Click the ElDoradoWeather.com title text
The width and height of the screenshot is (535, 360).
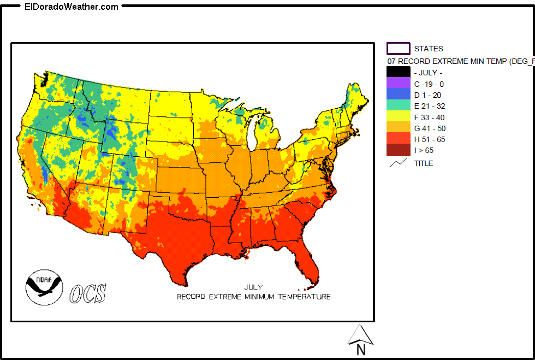(x=72, y=7)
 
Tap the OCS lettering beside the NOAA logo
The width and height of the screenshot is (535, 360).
(x=87, y=293)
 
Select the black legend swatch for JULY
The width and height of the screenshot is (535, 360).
(x=398, y=72)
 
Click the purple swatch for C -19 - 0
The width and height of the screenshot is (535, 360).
(x=398, y=84)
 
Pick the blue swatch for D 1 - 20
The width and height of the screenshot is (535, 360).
(x=398, y=95)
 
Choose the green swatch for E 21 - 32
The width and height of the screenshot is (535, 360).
(x=398, y=106)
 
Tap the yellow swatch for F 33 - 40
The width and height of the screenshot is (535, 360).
(x=398, y=117)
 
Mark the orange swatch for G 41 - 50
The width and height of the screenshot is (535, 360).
(x=398, y=128)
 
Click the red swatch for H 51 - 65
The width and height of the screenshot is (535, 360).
(x=398, y=139)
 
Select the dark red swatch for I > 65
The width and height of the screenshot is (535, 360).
(x=398, y=150)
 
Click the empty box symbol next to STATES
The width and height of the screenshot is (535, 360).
(x=398, y=49)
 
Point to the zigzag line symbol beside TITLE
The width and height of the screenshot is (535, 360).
(x=398, y=163)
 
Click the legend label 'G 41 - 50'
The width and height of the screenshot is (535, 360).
(x=430, y=128)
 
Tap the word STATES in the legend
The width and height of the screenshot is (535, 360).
(x=429, y=49)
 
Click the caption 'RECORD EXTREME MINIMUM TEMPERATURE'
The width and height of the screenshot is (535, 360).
(x=253, y=297)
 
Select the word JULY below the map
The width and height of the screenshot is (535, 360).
(x=253, y=287)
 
